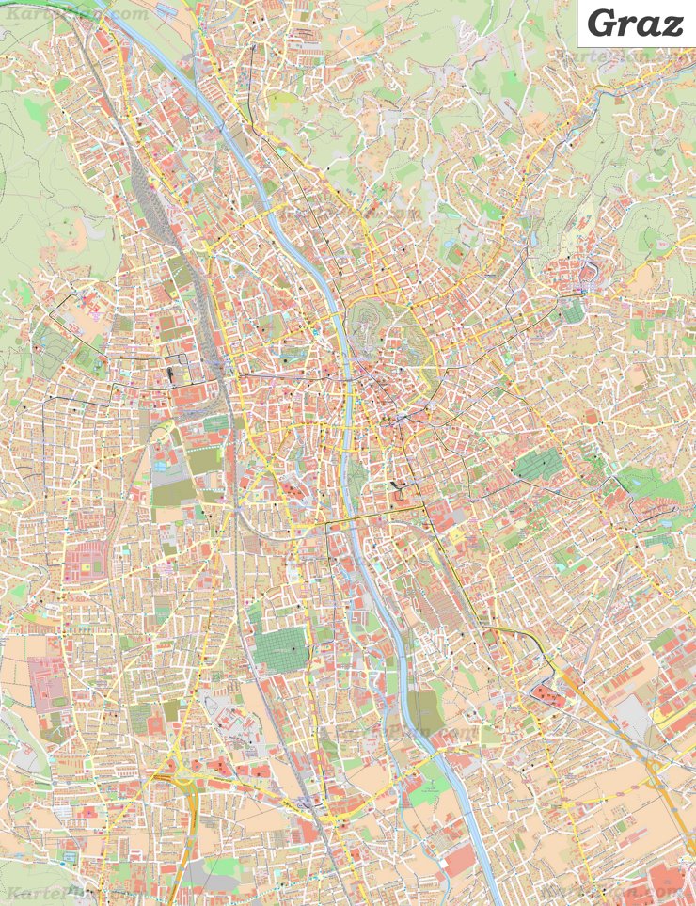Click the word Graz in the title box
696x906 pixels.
[635, 23]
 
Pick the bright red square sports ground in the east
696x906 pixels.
[590, 416]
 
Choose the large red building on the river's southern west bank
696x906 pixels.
[461, 861]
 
